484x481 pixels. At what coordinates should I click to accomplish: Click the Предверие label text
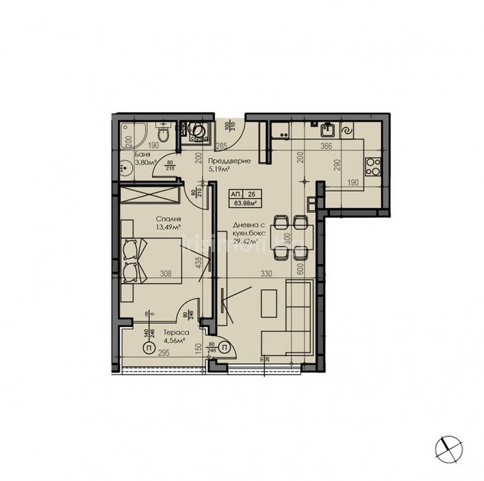point(228,161)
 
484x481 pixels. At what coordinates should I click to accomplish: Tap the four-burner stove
point(373,166)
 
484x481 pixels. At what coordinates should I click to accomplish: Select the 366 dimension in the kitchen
point(327,146)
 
